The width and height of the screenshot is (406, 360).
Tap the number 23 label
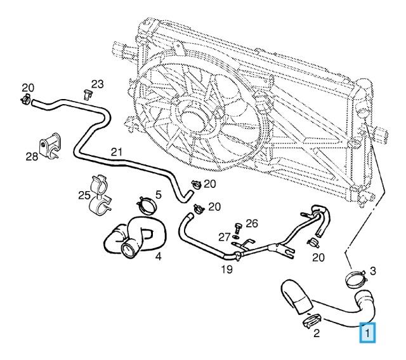point(97,84)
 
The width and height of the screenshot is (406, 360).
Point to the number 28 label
point(32,156)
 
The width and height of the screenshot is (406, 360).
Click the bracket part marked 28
point(51,145)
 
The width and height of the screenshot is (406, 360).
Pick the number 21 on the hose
point(116,152)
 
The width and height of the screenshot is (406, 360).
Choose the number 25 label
point(84,194)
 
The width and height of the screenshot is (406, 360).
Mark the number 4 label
point(157,258)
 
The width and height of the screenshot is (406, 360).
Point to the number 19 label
point(226,269)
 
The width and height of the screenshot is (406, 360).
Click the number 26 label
point(252,223)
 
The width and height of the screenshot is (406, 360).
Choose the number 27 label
point(223,237)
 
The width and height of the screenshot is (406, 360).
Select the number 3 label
point(372,271)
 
